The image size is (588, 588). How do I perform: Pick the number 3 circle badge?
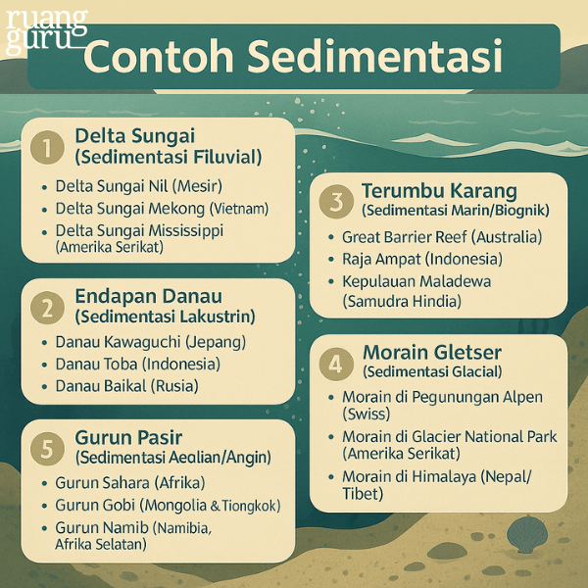(335, 202)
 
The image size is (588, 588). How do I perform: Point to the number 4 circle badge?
(336, 364)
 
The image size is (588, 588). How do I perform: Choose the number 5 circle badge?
(46, 448)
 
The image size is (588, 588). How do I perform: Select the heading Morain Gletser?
(432, 352)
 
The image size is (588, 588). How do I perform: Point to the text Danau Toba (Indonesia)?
(137, 364)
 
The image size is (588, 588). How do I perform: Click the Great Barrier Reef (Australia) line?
(441, 236)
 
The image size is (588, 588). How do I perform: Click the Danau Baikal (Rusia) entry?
(126, 386)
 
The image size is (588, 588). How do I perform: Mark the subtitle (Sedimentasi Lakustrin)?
(165, 317)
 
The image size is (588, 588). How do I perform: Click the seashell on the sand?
(528, 534)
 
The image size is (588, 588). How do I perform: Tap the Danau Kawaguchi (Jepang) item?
(150, 342)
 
